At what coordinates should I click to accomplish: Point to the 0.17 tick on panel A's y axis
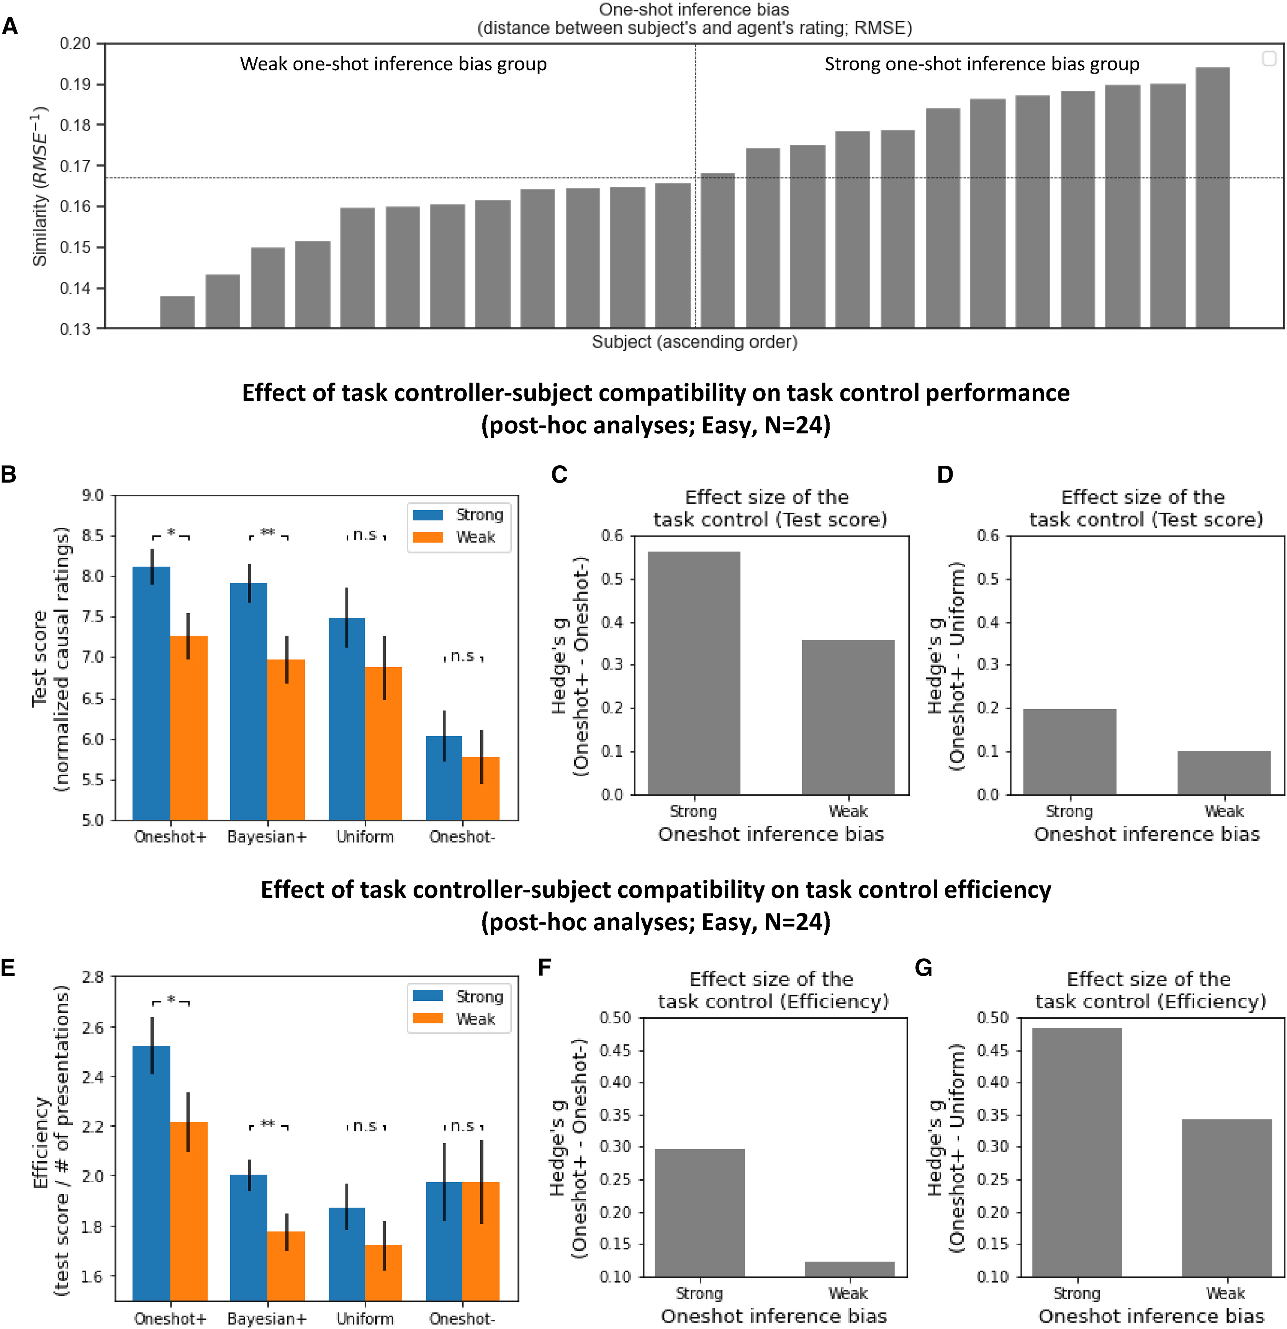coord(75,165)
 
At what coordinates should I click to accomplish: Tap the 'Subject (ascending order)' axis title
coord(694,341)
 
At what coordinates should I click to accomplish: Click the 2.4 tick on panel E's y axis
coord(93,1077)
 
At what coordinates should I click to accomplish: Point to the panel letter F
coord(544,967)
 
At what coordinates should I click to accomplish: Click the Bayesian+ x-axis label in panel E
coord(267,1318)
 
